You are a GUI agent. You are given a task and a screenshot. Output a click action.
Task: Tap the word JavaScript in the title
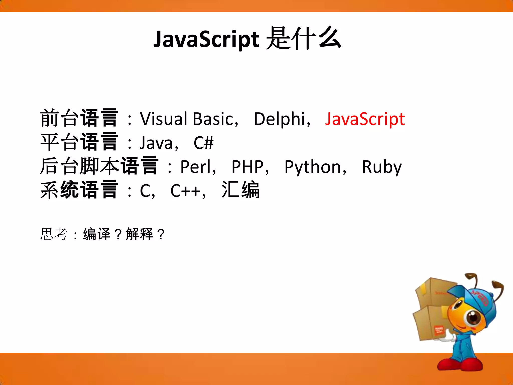(206, 39)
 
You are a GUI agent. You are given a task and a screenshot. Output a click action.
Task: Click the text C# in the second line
(203, 143)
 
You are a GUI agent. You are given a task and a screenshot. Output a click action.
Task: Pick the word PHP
(247, 167)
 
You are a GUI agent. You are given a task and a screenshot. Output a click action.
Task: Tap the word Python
(313, 167)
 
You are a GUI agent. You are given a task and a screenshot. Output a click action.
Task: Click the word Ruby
(381, 167)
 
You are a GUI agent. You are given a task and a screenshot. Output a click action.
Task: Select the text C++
(185, 191)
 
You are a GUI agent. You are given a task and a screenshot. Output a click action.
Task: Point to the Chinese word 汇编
(240, 190)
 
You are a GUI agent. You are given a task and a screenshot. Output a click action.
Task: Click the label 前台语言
(79, 118)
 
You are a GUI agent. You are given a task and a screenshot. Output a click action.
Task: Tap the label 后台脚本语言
(99, 166)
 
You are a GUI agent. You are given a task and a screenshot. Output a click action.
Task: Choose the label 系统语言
(79, 190)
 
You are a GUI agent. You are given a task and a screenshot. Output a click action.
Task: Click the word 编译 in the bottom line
(97, 234)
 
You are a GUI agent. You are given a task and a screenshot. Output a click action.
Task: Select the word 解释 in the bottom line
(140, 234)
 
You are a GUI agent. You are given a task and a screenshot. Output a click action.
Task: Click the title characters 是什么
(303, 39)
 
